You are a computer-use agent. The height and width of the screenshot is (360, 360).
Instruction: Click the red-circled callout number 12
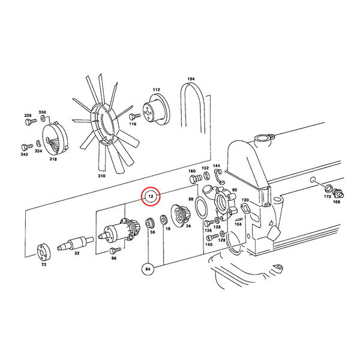[x=151, y=196]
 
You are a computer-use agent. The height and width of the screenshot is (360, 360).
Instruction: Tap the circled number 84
[x=148, y=269]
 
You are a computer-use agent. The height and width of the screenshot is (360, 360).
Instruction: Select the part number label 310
[x=101, y=176]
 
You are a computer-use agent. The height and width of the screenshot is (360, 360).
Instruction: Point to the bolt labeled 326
[x=31, y=121]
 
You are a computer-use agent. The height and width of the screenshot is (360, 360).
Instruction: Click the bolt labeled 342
[x=27, y=146]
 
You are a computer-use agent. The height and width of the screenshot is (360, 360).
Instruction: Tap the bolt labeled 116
[x=134, y=116]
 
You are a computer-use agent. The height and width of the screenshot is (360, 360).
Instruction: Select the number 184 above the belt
[x=191, y=79]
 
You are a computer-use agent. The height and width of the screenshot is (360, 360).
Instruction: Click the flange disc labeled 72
[x=43, y=252]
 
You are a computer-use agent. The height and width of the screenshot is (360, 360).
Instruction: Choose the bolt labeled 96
[x=115, y=250]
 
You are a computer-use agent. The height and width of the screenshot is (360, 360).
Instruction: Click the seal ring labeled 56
[x=149, y=223]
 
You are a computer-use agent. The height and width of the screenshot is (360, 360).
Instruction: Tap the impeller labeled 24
[x=180, y=215]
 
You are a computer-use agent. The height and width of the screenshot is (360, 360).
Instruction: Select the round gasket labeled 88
[x=201, y=208]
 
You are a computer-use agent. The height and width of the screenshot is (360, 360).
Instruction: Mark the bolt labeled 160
[x=196, y=179]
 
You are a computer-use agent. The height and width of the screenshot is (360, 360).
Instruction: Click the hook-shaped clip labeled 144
[x=219, y=176]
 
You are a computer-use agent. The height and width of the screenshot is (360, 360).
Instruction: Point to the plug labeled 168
[x=338, y=193]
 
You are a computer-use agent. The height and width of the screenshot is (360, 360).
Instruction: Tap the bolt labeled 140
[x=212, y=237]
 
